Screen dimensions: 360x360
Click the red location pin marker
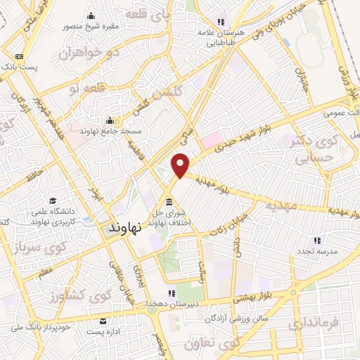181,165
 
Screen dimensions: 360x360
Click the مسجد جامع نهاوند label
112,131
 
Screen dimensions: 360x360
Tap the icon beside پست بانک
18,56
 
